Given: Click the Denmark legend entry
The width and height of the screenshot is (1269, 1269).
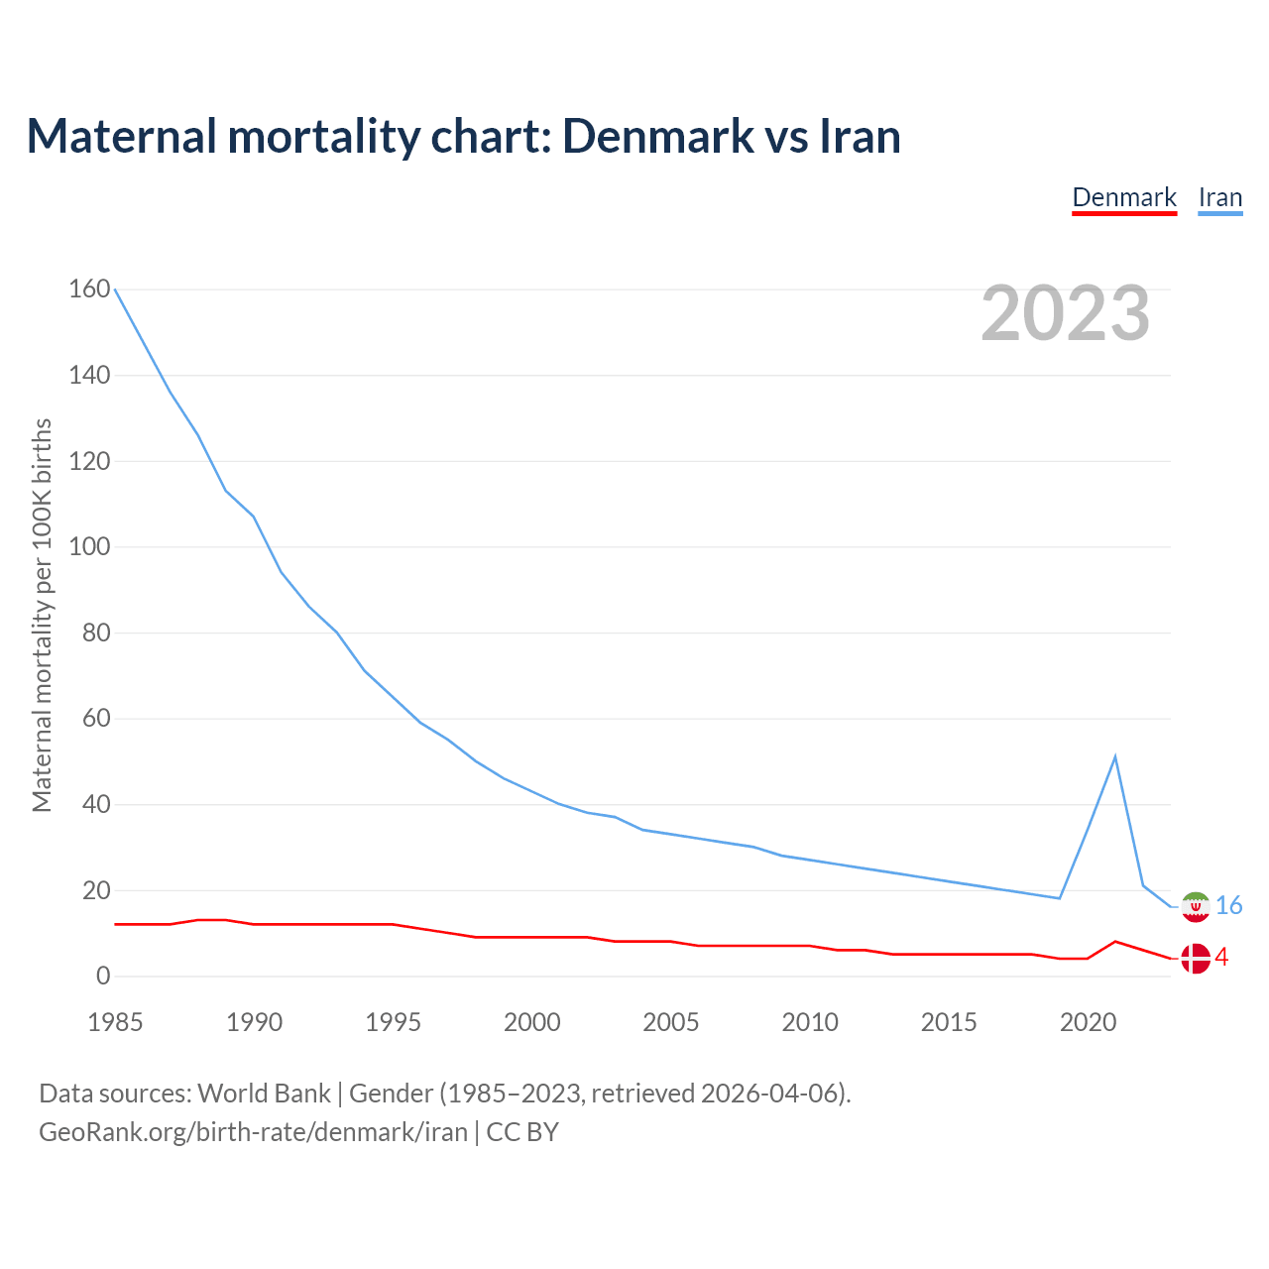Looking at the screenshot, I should [x=1124, y=197].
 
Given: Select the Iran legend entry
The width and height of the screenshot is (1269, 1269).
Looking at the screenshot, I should [x=1219, y=197].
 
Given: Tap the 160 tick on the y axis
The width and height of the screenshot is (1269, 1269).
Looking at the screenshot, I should [x=89, y=288].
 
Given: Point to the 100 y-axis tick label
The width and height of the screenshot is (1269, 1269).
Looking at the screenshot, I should [x=89, y=546].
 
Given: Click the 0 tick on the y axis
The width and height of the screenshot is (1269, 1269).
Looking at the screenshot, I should [x=103, y=976].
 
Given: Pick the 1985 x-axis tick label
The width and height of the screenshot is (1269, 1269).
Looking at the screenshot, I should [x=115, y=1022].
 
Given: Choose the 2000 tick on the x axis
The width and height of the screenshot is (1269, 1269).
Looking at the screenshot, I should [x=532, y=1022].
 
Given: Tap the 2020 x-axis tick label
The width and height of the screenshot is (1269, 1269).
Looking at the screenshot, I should [x=1088, y=1022].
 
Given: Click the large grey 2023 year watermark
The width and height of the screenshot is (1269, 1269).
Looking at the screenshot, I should [x=1065, y=313].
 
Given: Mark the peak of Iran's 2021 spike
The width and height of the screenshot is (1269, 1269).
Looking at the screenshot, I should [x=1115, y=756].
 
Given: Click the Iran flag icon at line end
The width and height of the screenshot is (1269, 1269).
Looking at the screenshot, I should [x=1196, y=906].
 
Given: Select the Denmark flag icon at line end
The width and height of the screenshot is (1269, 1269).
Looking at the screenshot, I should [x=1196, y=958].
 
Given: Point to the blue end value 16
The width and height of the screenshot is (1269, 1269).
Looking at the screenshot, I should [x=1228, y=905].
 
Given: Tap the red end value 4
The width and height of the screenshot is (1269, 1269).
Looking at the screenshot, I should [x=1221, y=957].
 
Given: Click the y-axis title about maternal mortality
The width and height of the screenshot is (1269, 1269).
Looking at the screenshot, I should [x=42, y=615].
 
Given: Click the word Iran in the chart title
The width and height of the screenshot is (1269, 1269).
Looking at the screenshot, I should [x=860, y=136].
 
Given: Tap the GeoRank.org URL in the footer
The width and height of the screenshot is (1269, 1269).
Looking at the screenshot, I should [x=253, y=1132].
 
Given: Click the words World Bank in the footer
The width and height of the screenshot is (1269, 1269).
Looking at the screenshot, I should [x=264, y=1094].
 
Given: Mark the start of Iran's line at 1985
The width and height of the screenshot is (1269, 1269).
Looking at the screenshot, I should [x=115, y=288].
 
